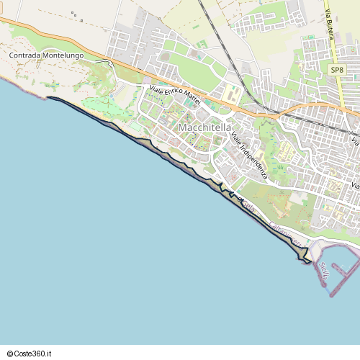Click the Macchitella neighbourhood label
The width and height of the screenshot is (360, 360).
204,128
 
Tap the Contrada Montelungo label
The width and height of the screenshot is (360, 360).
46,55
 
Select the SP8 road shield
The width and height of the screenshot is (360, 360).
338,70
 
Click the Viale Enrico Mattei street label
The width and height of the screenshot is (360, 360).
174,95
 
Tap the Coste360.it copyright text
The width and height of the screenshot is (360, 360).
30,354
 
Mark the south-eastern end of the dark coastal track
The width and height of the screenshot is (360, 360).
307,261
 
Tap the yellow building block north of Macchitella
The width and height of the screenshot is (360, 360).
232,94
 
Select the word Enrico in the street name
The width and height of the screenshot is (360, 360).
174,95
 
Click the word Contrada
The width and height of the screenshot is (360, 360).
25,55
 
